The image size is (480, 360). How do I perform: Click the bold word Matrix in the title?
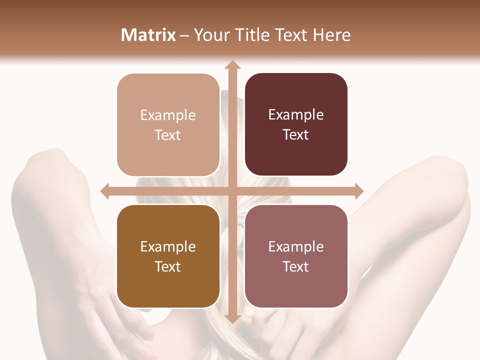pyautogui.click(x=148, y=35)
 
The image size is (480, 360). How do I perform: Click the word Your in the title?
pyautogui.click(x=210, y=35)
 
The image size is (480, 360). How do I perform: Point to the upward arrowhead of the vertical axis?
pyautogui.click(x=232, y=65)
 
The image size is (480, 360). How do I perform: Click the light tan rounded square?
pyautogui.click(x=168, y=125)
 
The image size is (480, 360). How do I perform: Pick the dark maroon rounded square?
pyautogui.click(x=296, y=124)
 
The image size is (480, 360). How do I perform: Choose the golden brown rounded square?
pyautogui.click(x=168, y=256)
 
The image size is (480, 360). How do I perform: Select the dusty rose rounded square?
pyautogui.click(x=296, y=256)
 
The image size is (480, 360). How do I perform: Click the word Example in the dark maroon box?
pyautogui.click(x=296, y=115)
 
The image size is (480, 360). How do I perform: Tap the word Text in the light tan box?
pyautogui.click(x=168, y=135)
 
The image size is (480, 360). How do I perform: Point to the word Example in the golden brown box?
pyautogui.click(x=168, y=246)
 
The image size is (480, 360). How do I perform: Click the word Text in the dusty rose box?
pyautogui.click(x=296, y=267)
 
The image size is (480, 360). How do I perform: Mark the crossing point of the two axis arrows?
pyautogui.click(x=232, y=190)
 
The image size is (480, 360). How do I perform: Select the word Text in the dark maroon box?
pyautogui.click(x=296, y=135)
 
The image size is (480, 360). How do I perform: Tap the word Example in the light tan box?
pyautogui.click(x=168, y=115)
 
